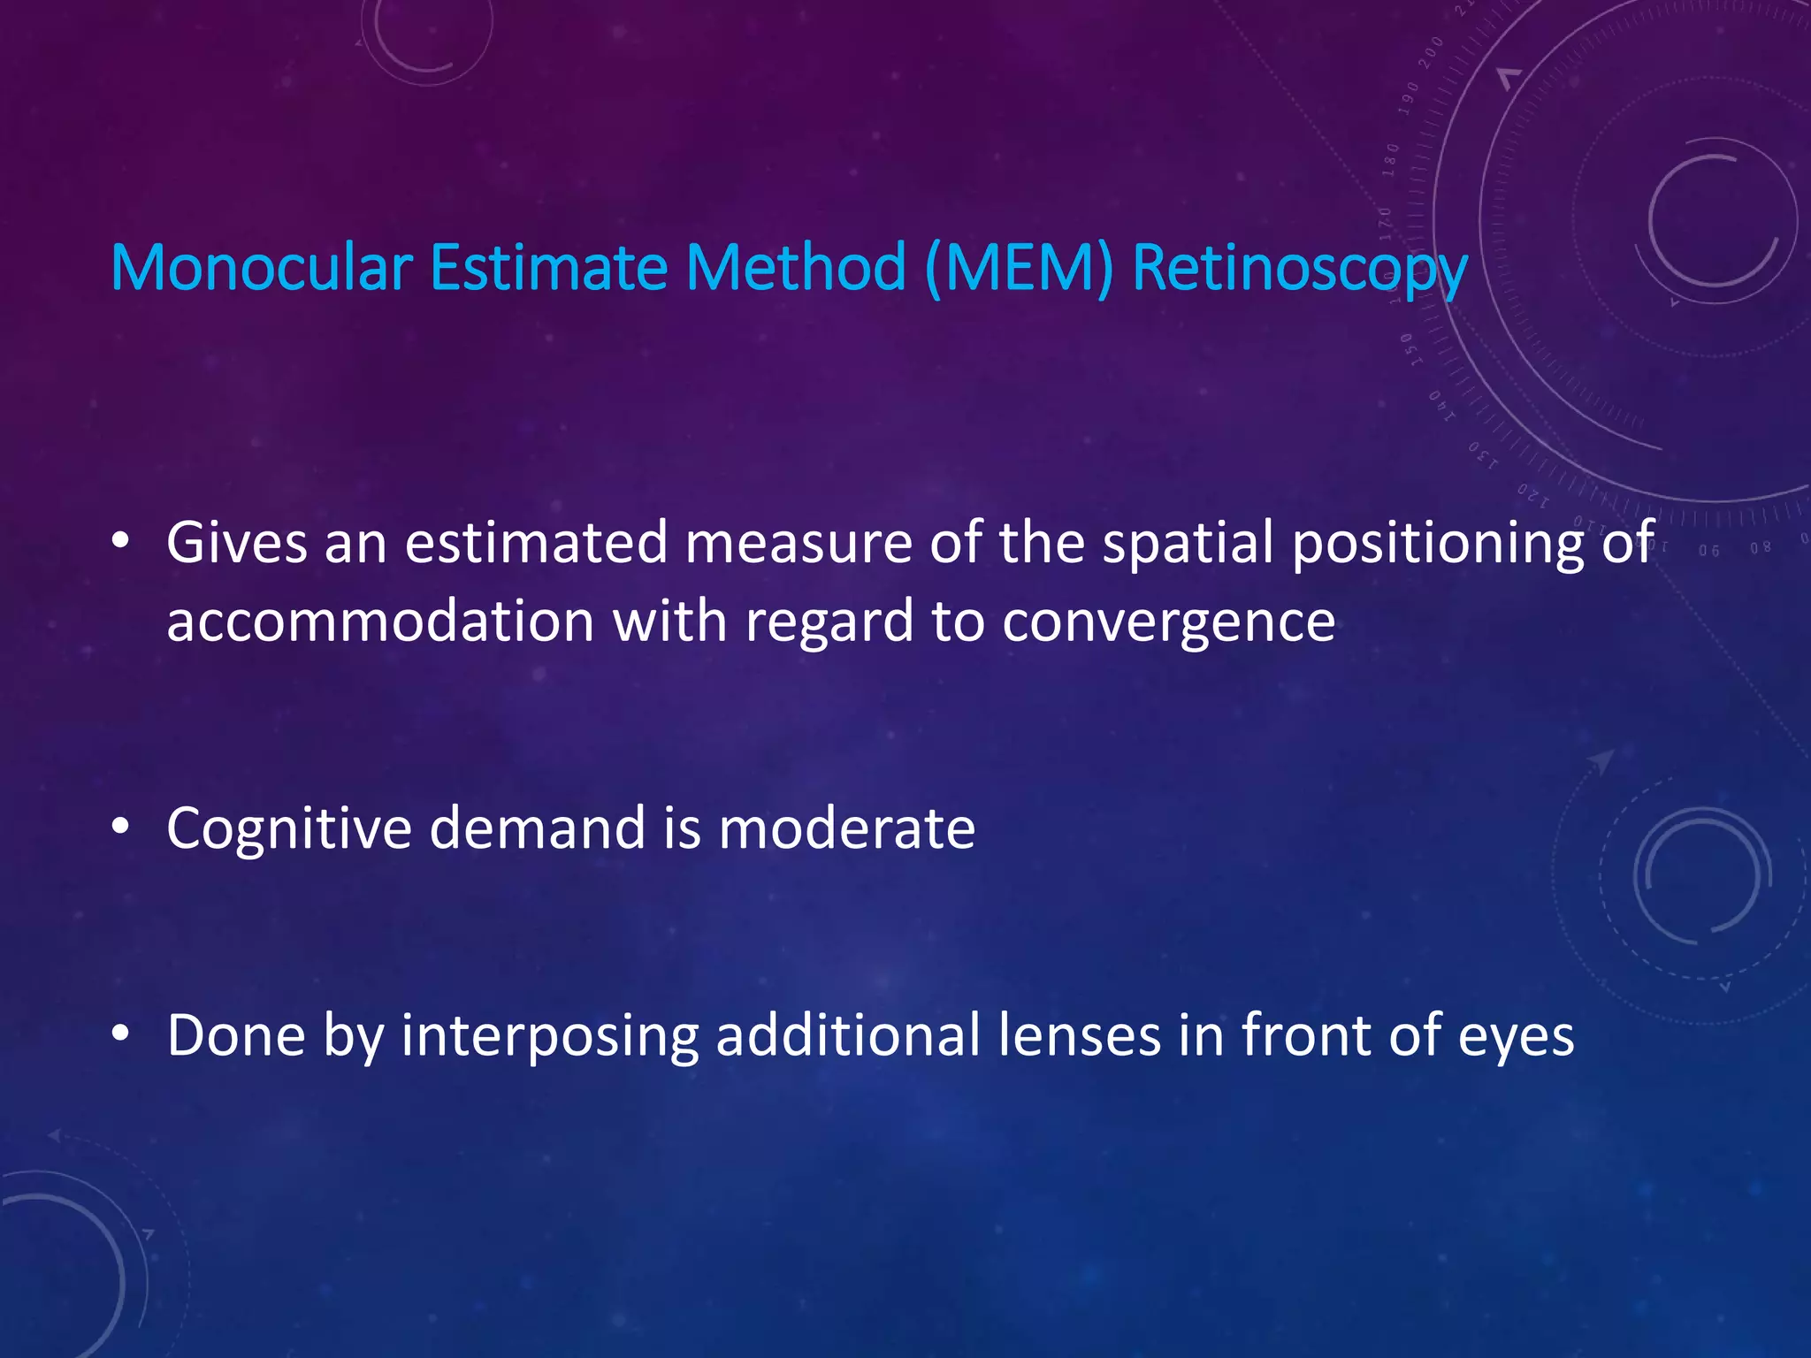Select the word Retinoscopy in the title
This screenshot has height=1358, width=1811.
point(1300,269)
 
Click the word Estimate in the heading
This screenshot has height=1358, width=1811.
point(548,267)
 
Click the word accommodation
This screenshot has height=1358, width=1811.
point(380,621)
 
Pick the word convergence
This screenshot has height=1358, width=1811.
point(1168,622)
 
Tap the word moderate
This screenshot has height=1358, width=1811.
point(846,828)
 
